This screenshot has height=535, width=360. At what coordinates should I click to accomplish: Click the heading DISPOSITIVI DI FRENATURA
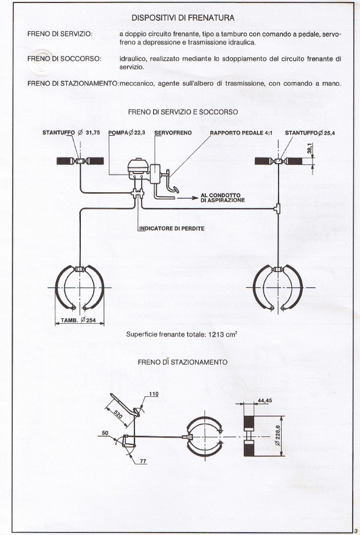(182, 18)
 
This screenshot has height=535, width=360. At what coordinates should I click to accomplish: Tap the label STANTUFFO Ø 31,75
(71, 133)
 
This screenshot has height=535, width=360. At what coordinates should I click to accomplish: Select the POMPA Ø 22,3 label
(127, 133)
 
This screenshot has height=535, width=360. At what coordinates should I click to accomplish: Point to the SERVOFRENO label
(173, 133)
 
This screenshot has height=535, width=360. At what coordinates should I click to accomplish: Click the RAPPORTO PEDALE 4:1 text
(241, 133)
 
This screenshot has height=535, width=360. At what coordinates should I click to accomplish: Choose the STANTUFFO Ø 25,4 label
(310, 133)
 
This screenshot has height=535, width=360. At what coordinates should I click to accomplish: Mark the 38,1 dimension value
(310, 149)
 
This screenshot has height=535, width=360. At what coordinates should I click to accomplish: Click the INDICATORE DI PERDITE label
(172, 229)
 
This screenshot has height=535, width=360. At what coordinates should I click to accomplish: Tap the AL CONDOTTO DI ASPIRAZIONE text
(223, 198)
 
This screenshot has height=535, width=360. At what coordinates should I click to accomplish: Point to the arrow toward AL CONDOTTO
(187, 198)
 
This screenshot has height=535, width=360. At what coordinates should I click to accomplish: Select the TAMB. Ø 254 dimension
(78, 320)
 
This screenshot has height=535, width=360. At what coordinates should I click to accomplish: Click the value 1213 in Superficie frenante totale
(215, 334)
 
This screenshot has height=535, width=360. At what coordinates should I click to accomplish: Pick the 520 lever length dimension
(118, 414)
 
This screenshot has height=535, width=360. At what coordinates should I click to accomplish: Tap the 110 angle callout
(154, 394)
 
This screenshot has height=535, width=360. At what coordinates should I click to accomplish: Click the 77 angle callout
(143, 461)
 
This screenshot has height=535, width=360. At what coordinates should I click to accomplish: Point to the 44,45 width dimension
(265, 400)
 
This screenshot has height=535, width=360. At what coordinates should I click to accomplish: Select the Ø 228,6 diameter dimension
(277, 436)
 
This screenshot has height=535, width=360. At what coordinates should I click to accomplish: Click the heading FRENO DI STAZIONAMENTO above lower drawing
(182, 362)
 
